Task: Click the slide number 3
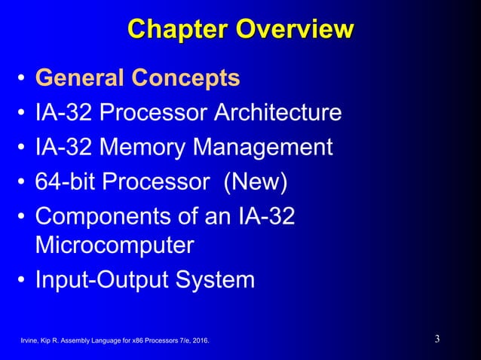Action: [x=437, y=339]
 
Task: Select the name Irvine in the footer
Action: [x=29, y=343]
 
